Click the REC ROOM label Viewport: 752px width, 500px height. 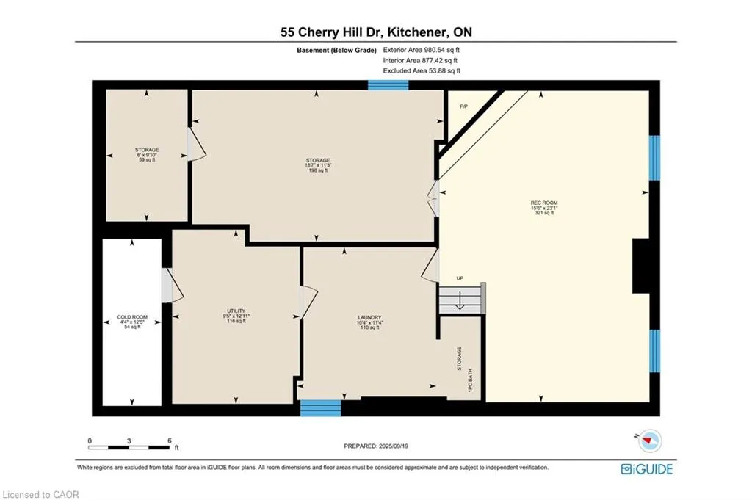click(544, 203)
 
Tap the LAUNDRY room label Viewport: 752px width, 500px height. click(369, 317)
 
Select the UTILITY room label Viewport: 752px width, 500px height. click(236, 311)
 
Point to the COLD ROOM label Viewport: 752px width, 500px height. click(132, 317)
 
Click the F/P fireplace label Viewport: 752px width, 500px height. click(464, 106)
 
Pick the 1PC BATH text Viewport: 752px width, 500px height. click(470, 380)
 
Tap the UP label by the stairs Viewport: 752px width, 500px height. click(460, 278)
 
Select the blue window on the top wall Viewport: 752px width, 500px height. click(388, 85)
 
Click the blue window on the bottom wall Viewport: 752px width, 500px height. click(320, 408)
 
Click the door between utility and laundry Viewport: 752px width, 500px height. click(308, 303)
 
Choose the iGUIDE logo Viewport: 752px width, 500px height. click(646, 469)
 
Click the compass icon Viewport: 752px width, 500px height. click(650, 441)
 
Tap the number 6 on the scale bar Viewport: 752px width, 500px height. click(170, 441)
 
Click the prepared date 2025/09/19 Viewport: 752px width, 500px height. click(394, 446)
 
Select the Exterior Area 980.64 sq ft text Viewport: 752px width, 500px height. click(421, 50)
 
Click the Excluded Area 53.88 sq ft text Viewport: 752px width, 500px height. click(422, 71)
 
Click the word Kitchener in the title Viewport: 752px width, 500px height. click(416, 32)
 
